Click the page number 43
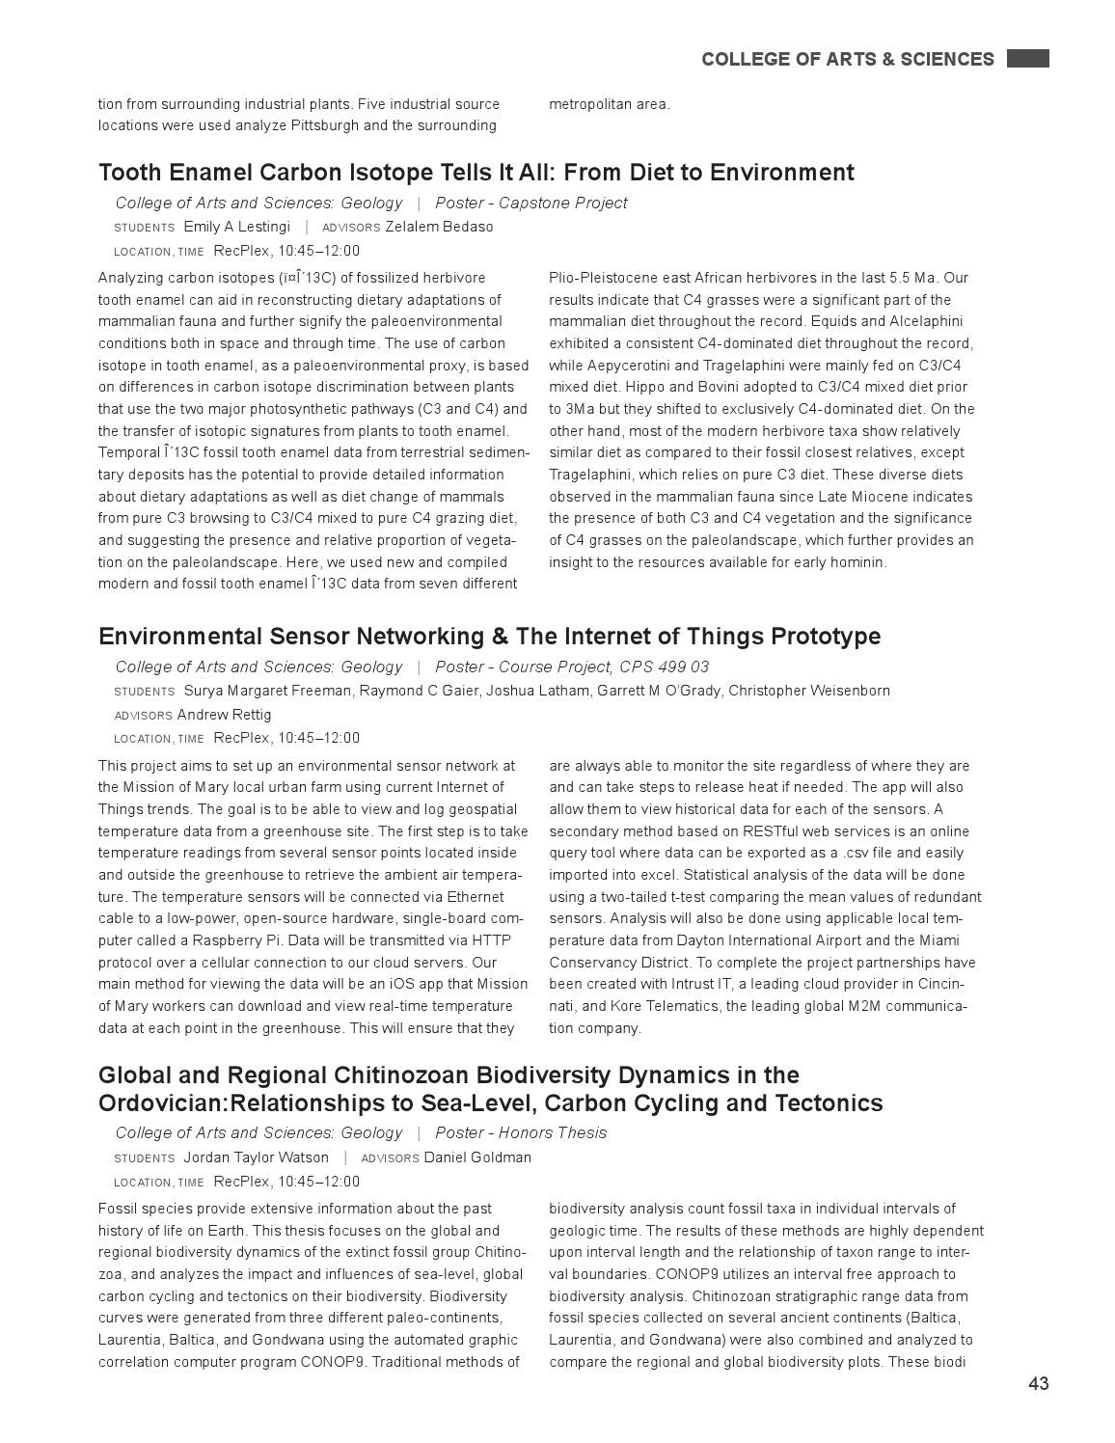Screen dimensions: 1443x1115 pos(1038,1384)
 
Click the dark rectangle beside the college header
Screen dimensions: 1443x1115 pos(1027,59)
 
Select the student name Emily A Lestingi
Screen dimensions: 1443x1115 pos(236,227)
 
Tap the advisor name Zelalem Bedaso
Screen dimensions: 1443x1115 pos(439,227)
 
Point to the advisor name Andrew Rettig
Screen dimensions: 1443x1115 pos(224,715)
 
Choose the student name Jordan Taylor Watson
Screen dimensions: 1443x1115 pos(256,1157)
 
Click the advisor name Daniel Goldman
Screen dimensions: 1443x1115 pos(477,1157)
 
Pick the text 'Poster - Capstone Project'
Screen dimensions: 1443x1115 pos(530,203)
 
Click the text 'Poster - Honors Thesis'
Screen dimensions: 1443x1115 pos(521,1132)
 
